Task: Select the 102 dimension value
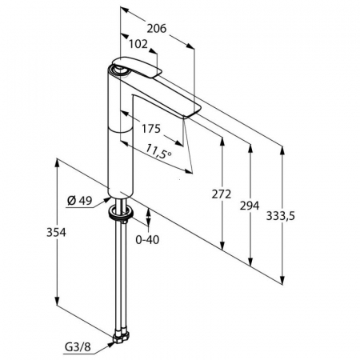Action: pos(138,46)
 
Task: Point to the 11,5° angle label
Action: pos(160,150)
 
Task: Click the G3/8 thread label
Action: pos(77,346)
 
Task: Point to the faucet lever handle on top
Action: pos(136,67)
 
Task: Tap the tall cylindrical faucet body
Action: pos(120,144)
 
